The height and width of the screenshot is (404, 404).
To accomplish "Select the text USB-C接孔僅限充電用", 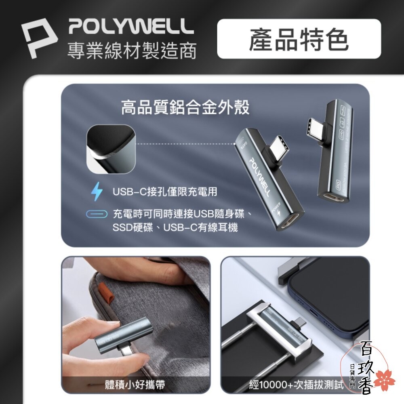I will click(x=164, y=191).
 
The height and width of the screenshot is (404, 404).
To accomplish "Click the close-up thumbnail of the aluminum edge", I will click(x=110, y=149).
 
